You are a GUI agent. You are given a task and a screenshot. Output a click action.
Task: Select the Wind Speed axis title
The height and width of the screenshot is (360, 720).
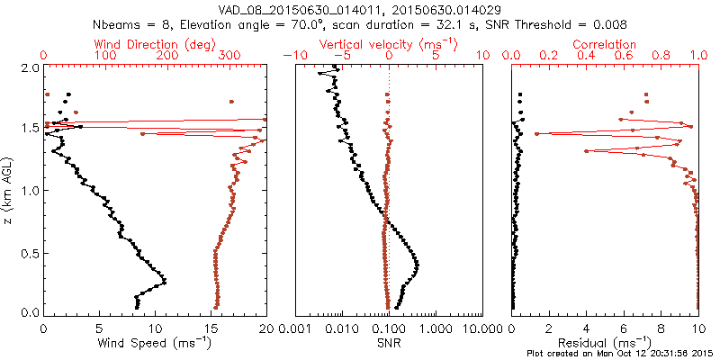[155, 343]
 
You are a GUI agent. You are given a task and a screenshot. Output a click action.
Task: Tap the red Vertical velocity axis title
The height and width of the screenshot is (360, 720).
[388, 44]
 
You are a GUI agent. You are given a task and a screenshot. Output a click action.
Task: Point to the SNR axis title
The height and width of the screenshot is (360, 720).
[388, 343]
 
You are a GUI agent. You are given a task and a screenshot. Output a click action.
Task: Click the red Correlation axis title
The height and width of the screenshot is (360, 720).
[605, 44]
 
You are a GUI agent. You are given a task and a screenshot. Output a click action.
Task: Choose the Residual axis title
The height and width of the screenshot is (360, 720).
[605, 343]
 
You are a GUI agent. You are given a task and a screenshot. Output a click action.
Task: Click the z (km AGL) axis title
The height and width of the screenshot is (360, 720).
[9, 189]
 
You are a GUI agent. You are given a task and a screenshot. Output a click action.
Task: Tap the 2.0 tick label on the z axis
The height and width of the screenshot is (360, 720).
[29, 67]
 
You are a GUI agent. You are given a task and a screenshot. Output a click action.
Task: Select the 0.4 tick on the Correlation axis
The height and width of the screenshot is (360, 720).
[587, 56]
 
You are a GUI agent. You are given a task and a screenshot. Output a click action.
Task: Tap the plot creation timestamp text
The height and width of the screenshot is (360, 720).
[620, 354]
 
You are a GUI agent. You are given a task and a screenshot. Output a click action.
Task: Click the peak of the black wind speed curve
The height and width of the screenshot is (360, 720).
[165, 283]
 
